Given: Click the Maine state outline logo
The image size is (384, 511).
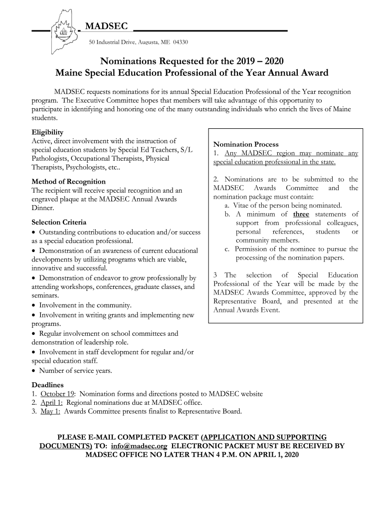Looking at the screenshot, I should (x=63, y=31).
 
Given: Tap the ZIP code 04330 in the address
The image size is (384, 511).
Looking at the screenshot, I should (x=181, y=42).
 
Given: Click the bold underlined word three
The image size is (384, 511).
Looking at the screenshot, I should (x=301, y=214).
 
